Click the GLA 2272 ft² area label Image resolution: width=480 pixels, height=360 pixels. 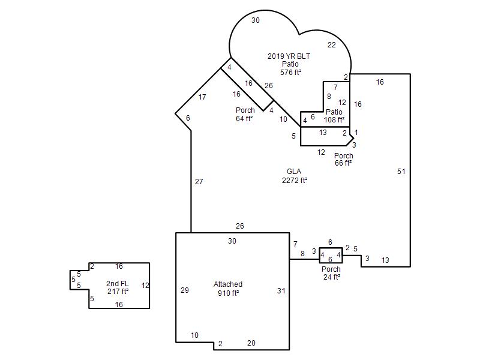[294, 176]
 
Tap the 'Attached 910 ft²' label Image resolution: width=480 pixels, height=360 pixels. [228, 289]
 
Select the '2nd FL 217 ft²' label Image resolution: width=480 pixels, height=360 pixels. [118, 287]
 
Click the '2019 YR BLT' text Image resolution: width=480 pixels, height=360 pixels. [289, 56]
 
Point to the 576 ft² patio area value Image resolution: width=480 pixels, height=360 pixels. [290, 73]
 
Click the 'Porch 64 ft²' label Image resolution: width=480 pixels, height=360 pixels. [245, 114]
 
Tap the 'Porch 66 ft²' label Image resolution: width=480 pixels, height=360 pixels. [343, 159]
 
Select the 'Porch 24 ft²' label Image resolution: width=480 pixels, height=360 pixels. [331, 273]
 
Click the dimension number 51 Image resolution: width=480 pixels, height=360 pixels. [401, 172]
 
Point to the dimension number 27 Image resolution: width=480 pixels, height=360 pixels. [199, 182]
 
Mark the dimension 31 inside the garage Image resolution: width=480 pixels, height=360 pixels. [281, 291]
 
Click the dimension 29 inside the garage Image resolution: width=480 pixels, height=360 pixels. [185, 290]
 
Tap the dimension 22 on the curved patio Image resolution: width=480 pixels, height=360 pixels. [332, 45]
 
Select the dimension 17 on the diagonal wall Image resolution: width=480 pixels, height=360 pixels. [202, 97]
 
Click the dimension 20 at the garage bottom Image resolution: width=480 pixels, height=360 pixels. [251, 343]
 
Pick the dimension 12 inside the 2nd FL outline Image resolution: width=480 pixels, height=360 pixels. [145, 286]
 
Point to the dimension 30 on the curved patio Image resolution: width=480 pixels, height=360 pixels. [256, 20]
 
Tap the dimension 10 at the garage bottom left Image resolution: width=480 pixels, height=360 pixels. [194, 335]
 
